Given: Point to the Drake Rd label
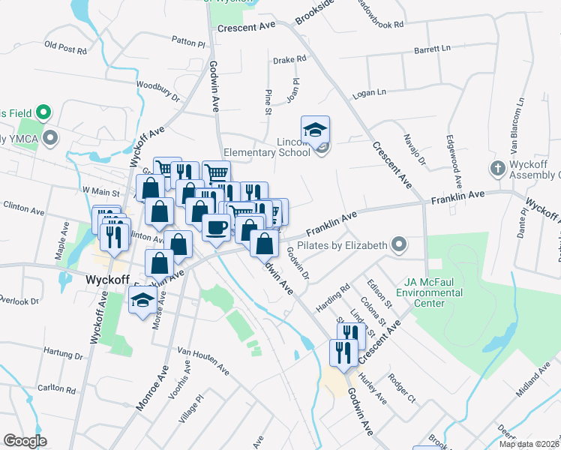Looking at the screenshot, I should pyautogui.click(x=289, y=58).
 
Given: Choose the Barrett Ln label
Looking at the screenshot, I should pyautogui.click(x=431, y=49).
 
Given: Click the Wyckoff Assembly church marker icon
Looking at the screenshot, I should pyautogui.click(x=498, y=168).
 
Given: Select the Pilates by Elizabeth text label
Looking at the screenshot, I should pyautogui.click(x=342, y=245).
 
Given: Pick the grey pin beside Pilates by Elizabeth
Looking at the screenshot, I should pyautogui.click(x=399, y=244).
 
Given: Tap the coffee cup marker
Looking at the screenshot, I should pyautogui.click(x=217, y=226).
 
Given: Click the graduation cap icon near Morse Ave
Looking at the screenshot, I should pyautogui.click(x=142, y=301).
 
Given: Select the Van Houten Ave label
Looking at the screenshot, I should pyautogui.click(x=202, y=358).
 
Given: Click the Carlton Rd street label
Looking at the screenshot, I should pyautogui.click(x=57, y=388).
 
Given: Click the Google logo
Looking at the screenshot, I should pyautogui.click(x=25, y=441).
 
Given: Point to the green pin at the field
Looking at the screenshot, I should pyautogui.click(x=43, y=113).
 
